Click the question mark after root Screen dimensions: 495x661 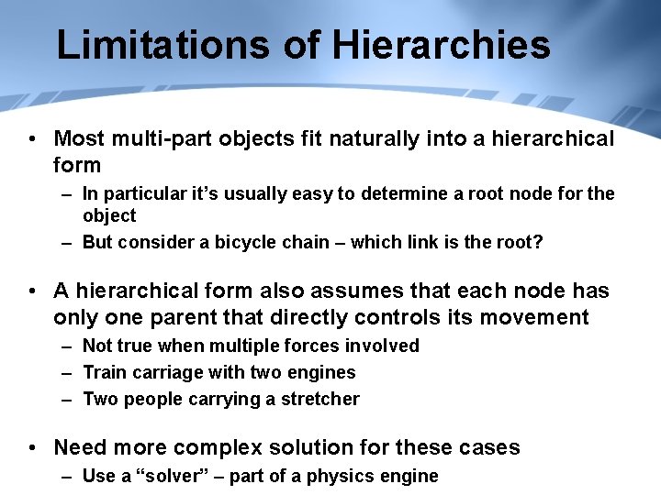(539, 242)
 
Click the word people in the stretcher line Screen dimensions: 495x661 (155, 399)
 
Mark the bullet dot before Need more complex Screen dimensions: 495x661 (33, 447)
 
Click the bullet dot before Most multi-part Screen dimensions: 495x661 (33, 138)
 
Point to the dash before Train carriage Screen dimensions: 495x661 (68, 372)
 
